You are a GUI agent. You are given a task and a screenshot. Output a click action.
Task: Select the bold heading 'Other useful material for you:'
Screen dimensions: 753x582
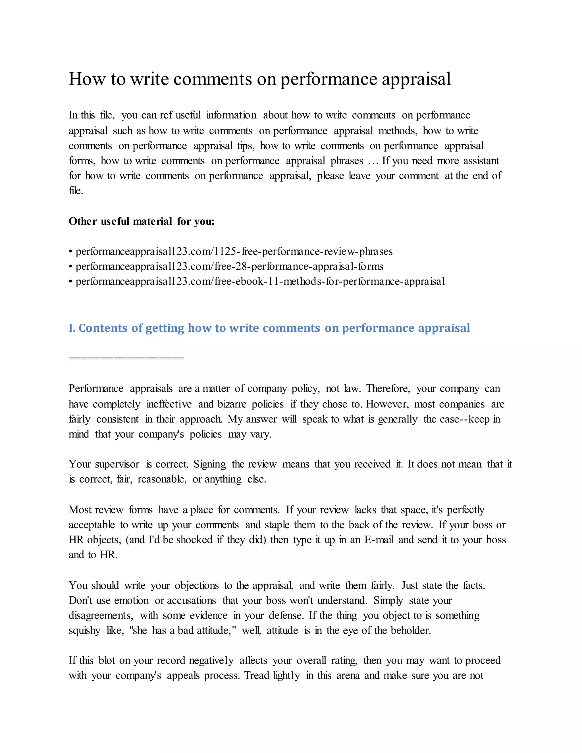pos(141,221)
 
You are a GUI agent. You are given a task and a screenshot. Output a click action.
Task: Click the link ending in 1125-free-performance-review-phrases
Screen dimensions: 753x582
pos(234,251)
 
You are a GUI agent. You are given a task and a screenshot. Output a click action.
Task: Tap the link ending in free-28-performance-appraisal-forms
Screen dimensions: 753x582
pos(229,267)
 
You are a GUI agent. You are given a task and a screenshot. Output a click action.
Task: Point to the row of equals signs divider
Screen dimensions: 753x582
pos(126,358)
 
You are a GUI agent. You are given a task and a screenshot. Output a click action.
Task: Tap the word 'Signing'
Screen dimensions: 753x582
pos(210,464)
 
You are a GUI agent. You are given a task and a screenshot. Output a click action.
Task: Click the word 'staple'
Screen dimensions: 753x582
pos(277,525)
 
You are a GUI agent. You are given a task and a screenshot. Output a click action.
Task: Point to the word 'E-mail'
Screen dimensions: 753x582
pos(379,540)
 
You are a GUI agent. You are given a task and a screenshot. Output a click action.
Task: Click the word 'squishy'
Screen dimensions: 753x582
pos(84,631)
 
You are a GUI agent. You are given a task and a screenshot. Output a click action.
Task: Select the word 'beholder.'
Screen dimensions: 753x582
pos(411,631)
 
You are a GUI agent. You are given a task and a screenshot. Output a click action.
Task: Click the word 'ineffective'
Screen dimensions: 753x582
pos(169,404)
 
